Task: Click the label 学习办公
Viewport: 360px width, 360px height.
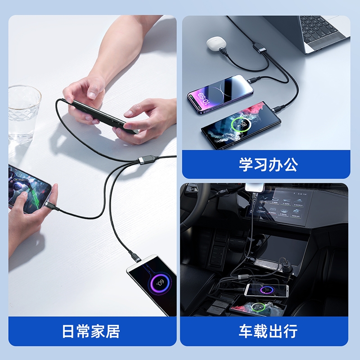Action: tap(268, 164)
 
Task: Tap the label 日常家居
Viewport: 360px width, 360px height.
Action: tap(91, 331)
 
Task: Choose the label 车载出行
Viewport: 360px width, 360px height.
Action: tap(268, 331)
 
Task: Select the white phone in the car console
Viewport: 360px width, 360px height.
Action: tap(266, 290)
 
